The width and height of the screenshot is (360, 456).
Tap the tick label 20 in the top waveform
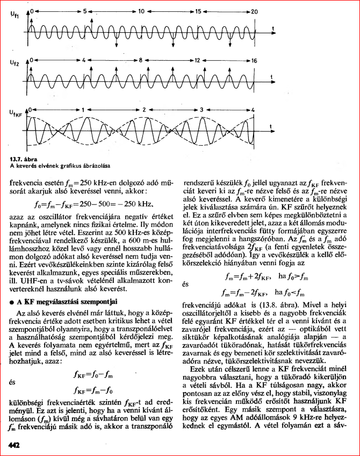tap(254, 11)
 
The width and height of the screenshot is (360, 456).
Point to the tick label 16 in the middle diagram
tap(254, 61)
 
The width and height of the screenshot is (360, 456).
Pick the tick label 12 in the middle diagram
tap(198, 61)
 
